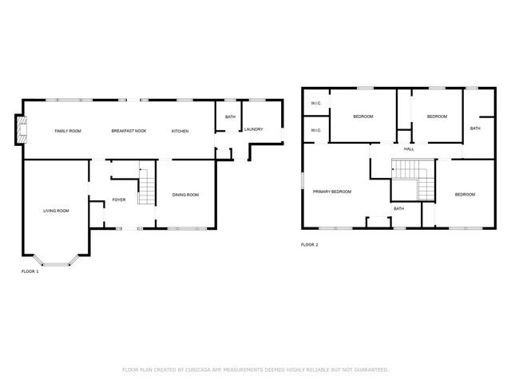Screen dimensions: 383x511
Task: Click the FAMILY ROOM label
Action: (68, 130)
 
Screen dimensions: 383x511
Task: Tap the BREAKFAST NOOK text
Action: (129, 130)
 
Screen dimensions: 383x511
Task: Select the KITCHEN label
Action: (180, 130)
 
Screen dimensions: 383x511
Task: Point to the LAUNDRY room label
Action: (254, 129)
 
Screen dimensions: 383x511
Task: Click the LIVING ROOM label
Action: (56, 211)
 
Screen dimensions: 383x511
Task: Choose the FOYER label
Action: (119, 199)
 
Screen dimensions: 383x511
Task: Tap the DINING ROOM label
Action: (186, 195)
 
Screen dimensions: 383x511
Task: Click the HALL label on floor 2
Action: (409, 149)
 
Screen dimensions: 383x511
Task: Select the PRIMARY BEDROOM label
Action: (332, 191)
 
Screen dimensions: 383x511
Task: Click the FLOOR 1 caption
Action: (30, 271)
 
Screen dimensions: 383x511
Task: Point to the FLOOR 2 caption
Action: (310, 245)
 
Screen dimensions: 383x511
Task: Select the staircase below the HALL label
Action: (408, 170)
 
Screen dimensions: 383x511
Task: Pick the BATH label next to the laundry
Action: (230, 117)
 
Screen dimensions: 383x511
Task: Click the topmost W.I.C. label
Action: (315, 104)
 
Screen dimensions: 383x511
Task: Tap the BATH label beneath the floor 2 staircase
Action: (398, 209)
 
